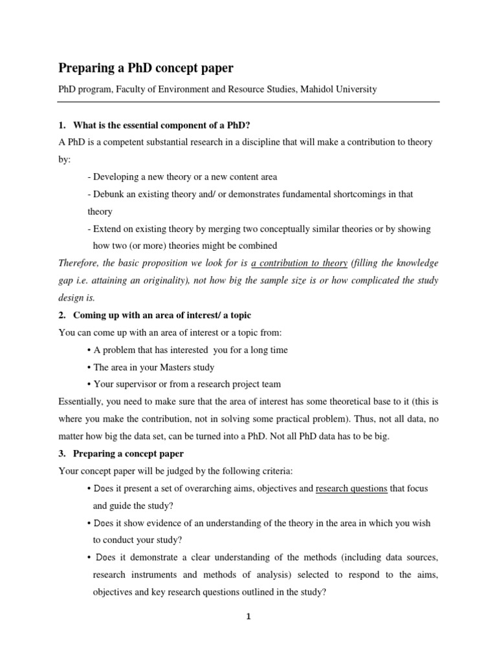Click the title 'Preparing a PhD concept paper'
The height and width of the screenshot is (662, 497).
click(146, 68)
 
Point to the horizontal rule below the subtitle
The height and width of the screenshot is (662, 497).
click(248, 101)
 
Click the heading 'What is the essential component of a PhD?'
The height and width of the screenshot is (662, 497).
click(162, 124)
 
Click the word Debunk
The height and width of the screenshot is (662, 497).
click(108, 194)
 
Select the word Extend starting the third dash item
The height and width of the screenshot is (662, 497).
click(107, 229)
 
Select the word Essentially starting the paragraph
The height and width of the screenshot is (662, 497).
click(82, 401)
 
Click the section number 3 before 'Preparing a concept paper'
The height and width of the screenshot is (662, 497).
click(61, 453)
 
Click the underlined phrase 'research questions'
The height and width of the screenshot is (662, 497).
click(351, 488)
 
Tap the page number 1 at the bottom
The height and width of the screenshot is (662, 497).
click(248, 617)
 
